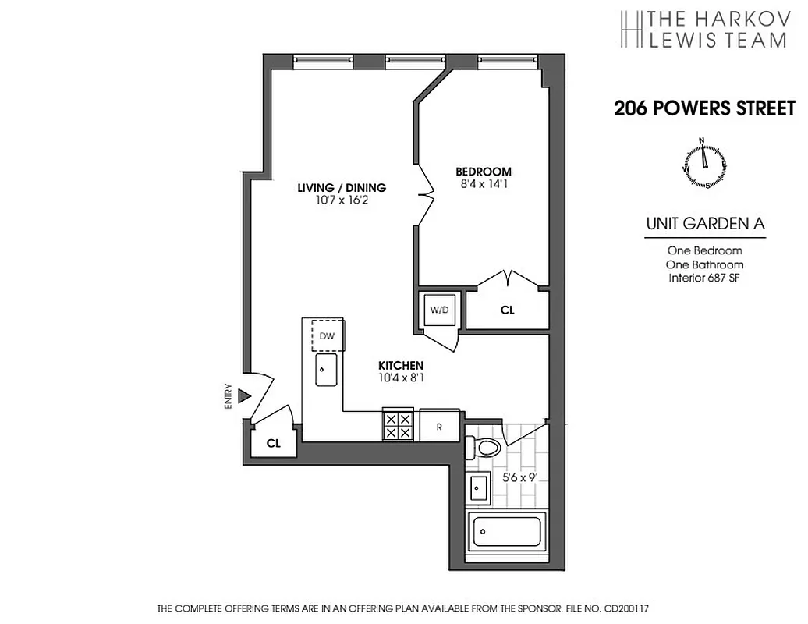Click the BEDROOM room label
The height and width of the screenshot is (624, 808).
pos(484,172)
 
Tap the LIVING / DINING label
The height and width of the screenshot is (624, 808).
pos(342,187)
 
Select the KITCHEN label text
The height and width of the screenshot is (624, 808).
pos(401,365)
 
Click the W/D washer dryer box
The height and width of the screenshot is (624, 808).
pos(439,310)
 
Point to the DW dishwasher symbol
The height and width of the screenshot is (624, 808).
pos(328,336)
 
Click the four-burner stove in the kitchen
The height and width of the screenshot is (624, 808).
pos(398,425)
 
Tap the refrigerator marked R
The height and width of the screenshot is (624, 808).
pos(440,426)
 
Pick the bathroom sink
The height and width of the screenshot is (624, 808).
pos(478,490)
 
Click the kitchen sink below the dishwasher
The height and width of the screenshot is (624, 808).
pos(326,370)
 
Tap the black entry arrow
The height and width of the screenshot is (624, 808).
pos(243,396)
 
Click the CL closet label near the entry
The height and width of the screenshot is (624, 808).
pos(273,443)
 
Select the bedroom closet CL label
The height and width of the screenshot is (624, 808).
pos(507,310)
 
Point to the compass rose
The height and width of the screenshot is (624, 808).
pos(705,163)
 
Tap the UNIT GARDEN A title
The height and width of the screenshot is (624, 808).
pos(705,224)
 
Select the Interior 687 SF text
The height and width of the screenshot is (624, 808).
pos(704,278)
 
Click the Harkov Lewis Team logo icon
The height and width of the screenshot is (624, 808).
pos(630,29)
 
